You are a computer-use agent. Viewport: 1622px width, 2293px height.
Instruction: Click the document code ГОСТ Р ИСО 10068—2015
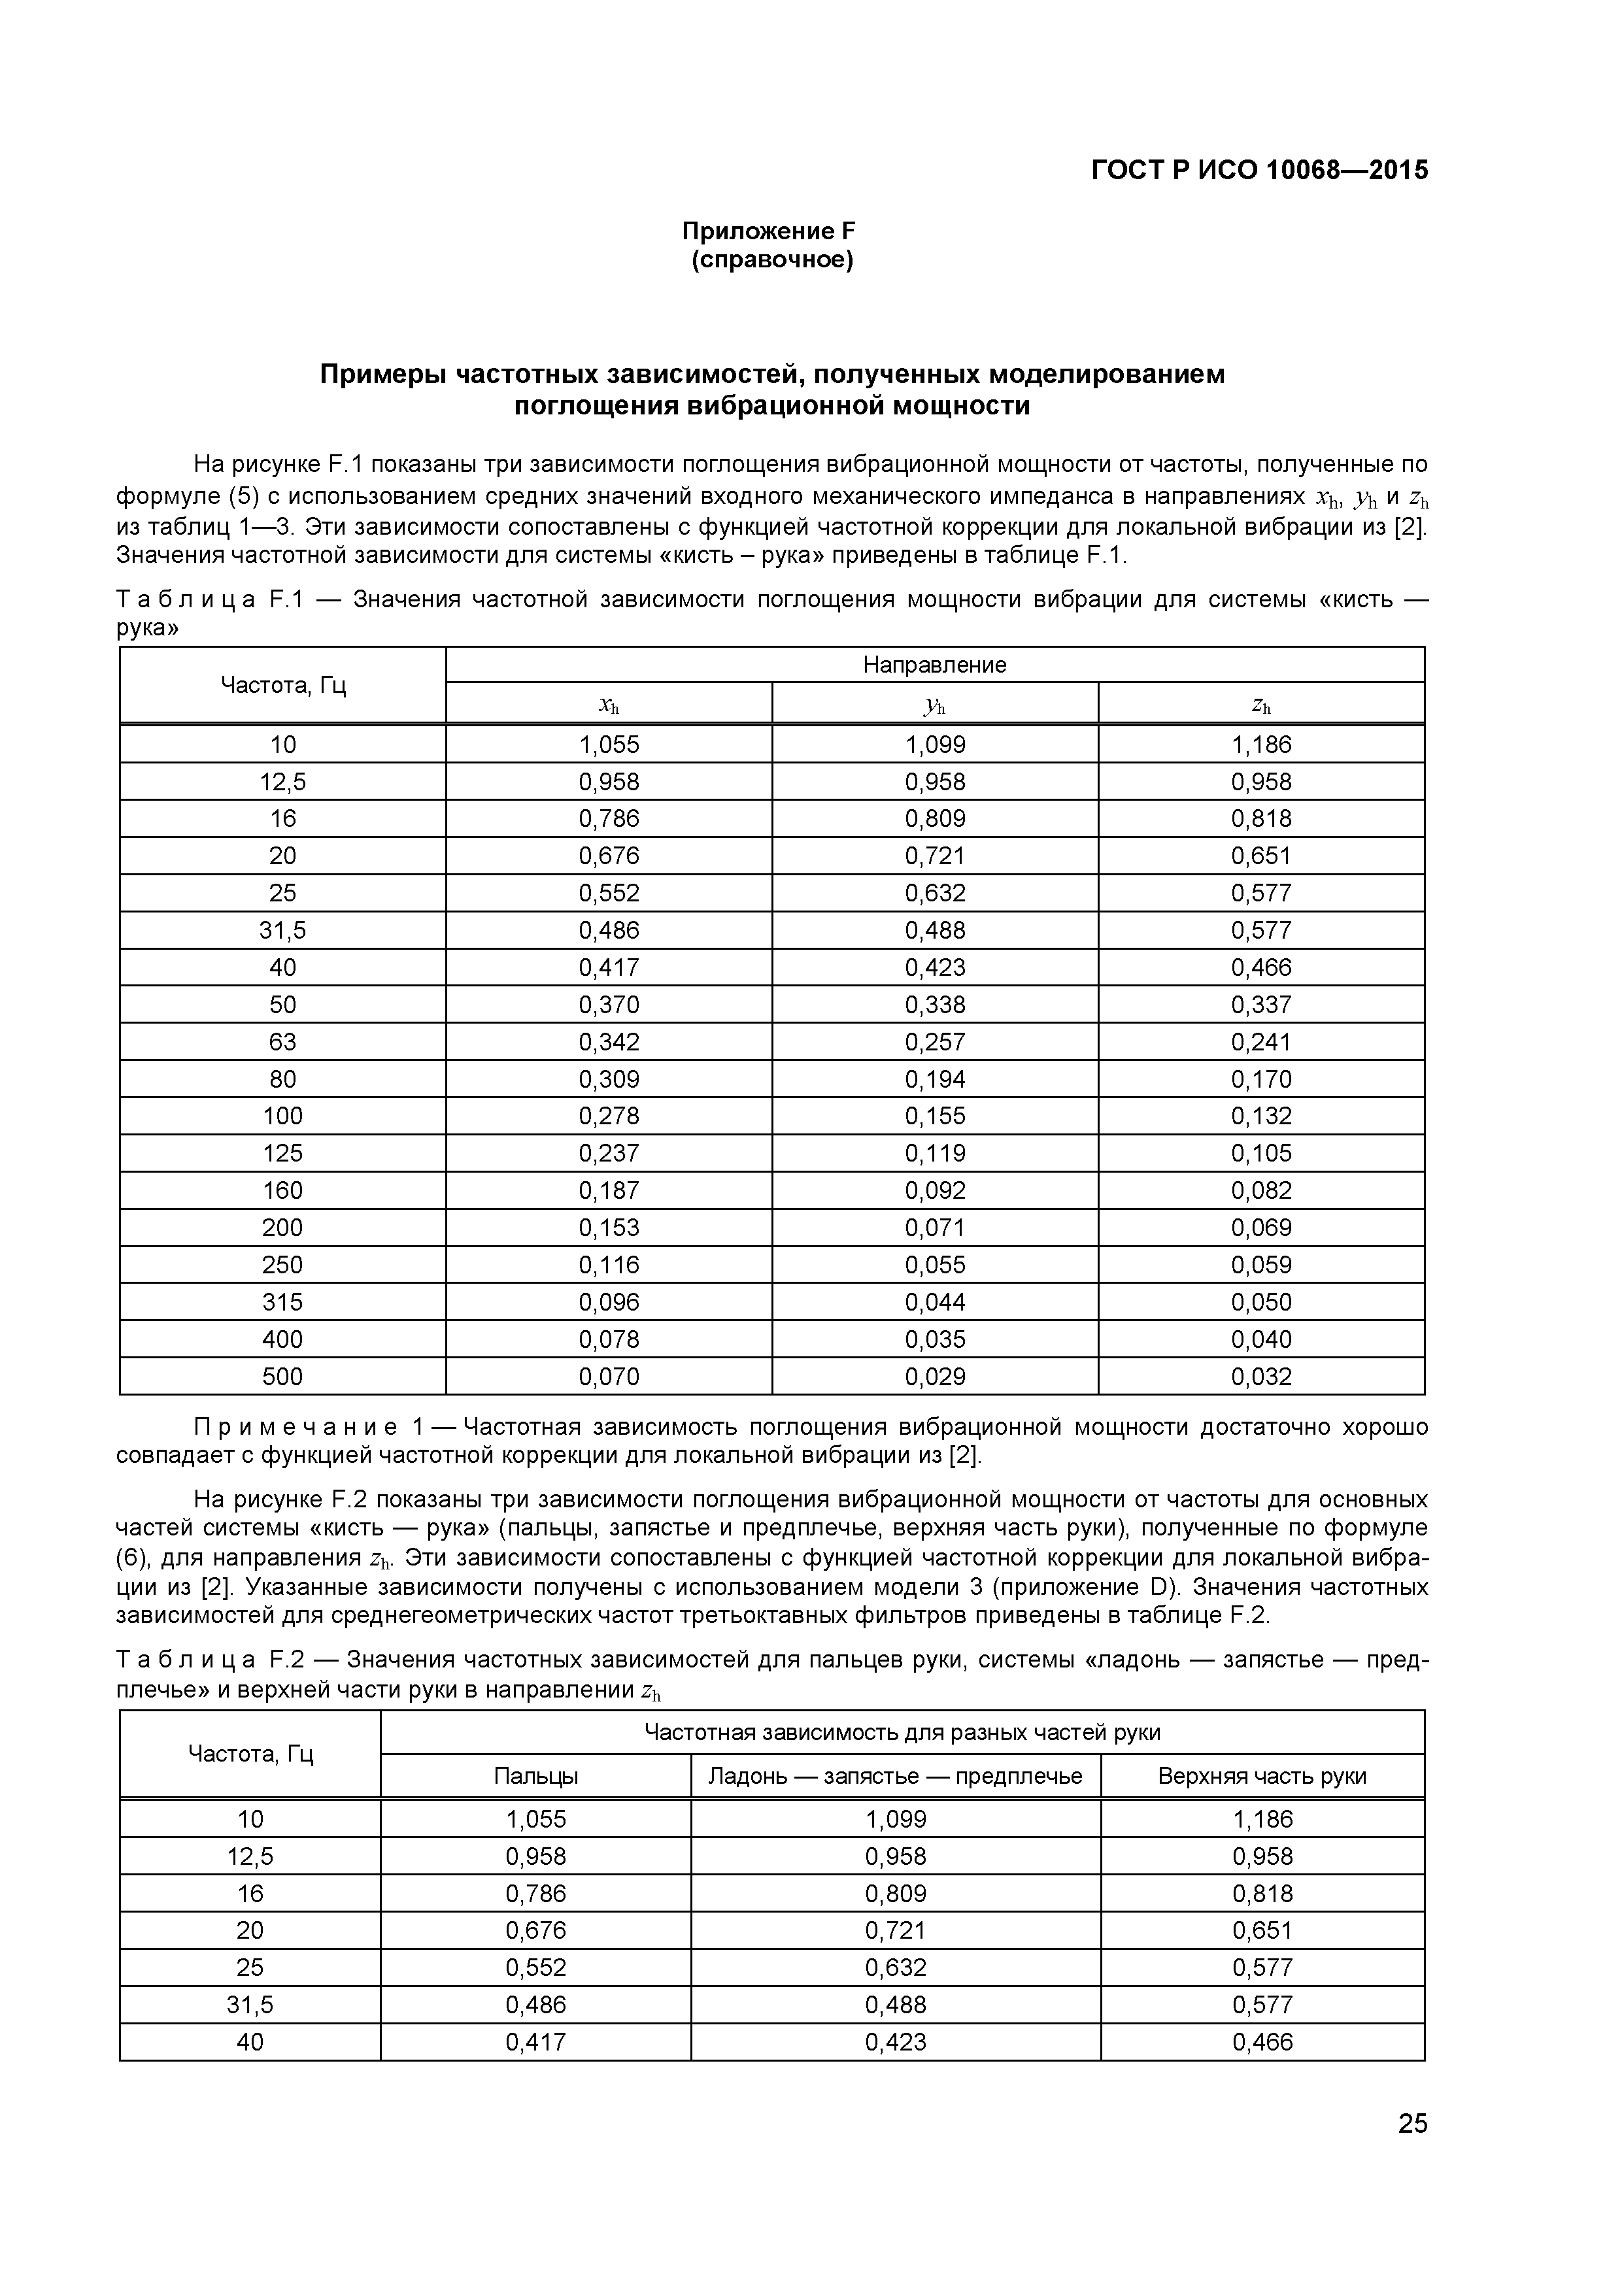pyautogui.click(x=1259, y=171)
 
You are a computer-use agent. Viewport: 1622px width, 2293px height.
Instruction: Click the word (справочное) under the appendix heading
pyautogui.click(x=772, y=261)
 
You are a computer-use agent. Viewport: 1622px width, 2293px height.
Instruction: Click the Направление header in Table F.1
pyautogui.click(x=934, y=665)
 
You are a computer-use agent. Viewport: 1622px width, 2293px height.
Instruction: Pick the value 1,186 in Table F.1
pyautogui.click(x=1260, y=745)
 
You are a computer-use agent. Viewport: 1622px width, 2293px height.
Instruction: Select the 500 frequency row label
pyautogui.click(x=282, y=1377)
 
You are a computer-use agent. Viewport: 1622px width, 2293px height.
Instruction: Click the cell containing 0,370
pyautogui.click(x=608, y=1005)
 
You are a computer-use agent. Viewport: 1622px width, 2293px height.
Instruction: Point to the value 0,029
pyautogui.click(x=935, y=1377)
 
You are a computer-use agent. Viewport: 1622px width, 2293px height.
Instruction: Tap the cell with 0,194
pyautogui.click(x=935, y=1080)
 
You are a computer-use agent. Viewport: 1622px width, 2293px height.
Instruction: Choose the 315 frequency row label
pyautogui.click(x=282, y=1302)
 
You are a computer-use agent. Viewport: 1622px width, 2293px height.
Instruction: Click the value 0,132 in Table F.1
pyautogui.click(x=1260, y=1116)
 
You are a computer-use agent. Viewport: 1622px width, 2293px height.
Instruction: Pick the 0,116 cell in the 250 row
pyautogui.click(x=608, y=1265)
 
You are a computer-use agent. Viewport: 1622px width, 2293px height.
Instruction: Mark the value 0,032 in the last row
pyautogui.click(x=1260, y=1377)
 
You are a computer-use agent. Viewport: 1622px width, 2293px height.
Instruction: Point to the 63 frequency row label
pyautogui.click(x=282, y=1043)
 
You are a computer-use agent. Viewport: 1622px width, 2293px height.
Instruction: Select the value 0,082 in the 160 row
pyautogui.click(x=1260, y=1190)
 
